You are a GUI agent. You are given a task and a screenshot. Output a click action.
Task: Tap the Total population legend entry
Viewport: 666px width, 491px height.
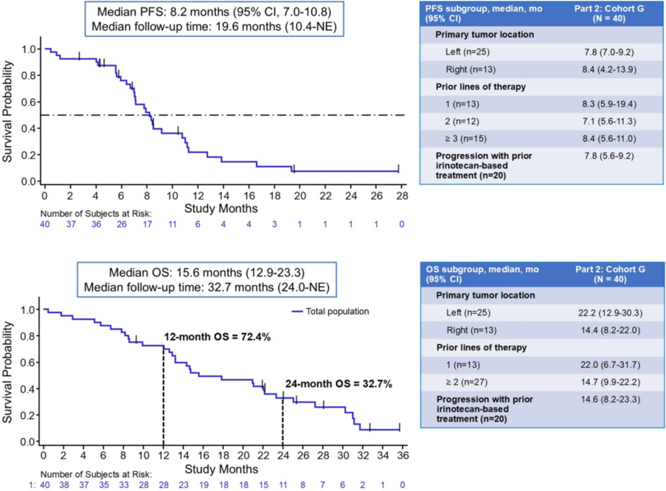[x=337, y=311]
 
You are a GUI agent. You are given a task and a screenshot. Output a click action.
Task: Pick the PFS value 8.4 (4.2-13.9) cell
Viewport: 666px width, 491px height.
[x=605, y=69]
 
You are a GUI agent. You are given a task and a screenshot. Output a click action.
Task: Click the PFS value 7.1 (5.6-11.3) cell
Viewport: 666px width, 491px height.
[x=605, y=121]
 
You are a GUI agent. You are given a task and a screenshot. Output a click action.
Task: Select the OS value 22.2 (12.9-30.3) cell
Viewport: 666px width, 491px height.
[x=605, y=312]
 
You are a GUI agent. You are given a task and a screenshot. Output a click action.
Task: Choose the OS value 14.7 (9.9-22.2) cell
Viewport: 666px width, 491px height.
[x=605, y=381]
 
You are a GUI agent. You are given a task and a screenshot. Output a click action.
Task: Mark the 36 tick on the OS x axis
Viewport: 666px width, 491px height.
[x=400, y=455]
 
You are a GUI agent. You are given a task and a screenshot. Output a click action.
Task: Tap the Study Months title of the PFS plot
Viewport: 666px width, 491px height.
[x=221, y=208]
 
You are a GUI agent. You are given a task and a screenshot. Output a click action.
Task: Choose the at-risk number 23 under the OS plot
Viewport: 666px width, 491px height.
[x=184, y=484]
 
